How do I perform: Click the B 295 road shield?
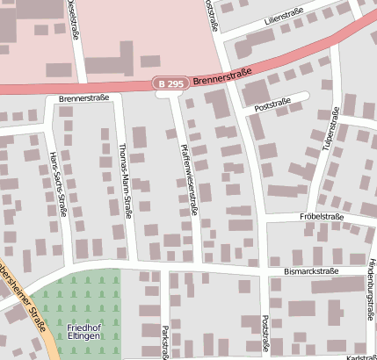click(171, 83)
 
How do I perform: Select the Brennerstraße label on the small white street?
click(84, 98)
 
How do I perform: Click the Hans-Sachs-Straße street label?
click(61, 183)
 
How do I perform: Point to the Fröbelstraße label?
click(322, 216)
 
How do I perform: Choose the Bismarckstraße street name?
click(310, 271)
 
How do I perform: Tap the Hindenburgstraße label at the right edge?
click(370, 290)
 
